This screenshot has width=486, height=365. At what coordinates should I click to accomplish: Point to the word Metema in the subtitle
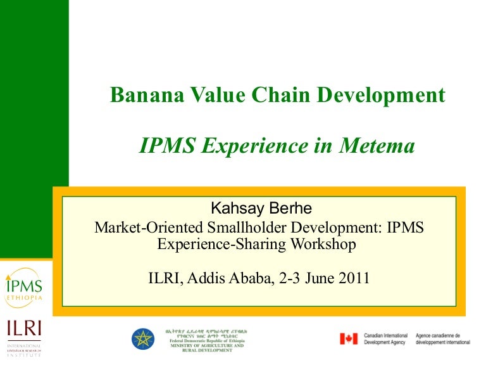pos(378,146)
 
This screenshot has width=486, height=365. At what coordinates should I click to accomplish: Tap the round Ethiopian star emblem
pos(143,339)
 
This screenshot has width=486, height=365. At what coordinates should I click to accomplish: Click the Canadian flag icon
pos(349,339)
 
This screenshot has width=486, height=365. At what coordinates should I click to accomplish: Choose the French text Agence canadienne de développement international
pos(442,339)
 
